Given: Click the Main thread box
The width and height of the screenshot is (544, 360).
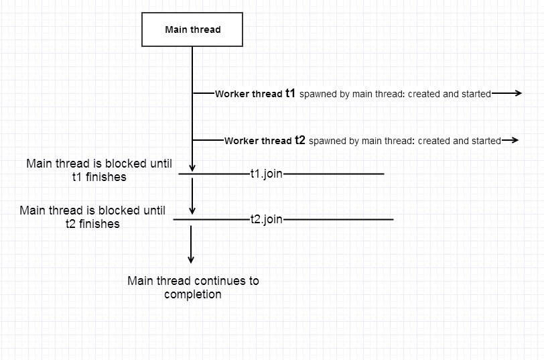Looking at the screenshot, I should (192, 29).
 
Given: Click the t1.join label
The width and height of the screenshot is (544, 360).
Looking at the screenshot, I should (266, 174).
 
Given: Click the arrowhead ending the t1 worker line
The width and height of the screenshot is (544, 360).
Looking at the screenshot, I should (517, 94).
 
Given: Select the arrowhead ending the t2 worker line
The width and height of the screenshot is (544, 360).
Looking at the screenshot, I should (515, 140).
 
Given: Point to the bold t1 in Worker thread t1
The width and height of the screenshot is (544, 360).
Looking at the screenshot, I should (291, 94).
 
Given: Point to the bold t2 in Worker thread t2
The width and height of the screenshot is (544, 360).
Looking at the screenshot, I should (300, 140).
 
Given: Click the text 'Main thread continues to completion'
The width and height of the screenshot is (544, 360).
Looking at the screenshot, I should (193, 287).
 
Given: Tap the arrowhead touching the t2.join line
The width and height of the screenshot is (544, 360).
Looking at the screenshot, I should (192, 215).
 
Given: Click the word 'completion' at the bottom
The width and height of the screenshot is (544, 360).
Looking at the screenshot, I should (193, 294).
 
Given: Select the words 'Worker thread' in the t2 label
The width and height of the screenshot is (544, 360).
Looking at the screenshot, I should (258, 141).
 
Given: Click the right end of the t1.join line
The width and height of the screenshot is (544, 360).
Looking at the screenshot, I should (383, 174).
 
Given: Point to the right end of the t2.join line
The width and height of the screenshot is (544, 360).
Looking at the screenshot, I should (393, 219).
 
